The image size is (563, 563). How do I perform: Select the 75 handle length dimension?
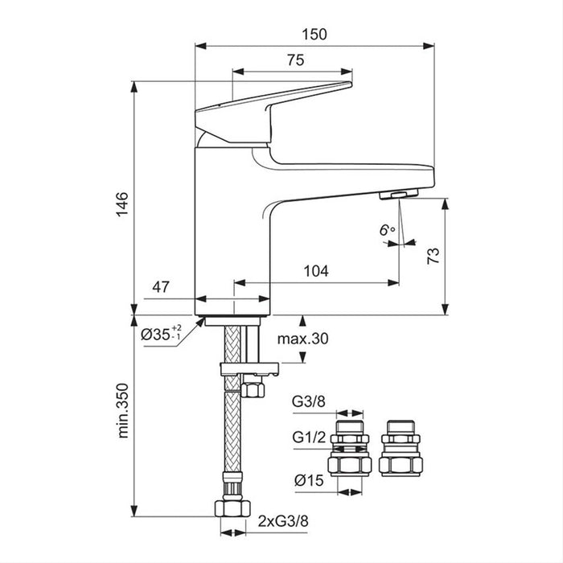point(294,60)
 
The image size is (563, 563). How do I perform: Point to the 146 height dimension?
point(121,201)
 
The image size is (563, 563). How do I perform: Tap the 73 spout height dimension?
point(432,256)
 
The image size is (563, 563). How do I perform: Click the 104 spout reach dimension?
point(316,271)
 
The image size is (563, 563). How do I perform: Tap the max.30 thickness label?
point(303,339)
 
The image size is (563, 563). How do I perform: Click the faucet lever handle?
point(273,100)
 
